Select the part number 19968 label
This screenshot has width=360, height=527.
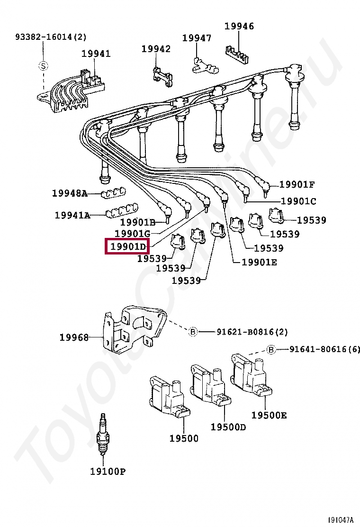(x=74, y=337)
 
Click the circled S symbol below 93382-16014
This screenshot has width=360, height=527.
(x=43, y=66)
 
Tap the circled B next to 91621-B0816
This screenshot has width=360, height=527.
(x=193, y=332)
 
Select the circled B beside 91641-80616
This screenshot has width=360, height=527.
(x=271, y=350)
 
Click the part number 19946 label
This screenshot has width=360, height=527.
(x=239, y=27)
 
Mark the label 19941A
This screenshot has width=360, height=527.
(x=72, y=215)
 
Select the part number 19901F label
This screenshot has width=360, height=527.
(x=297, y=185)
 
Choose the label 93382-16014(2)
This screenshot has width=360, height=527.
(x=51, y=36)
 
